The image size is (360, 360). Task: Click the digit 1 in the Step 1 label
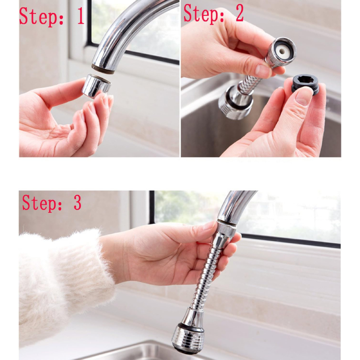(81, 16)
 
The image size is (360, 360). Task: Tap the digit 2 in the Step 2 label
(239, 14)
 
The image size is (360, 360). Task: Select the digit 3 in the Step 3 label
(77, 202)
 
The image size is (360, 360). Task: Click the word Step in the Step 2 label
(203, 14)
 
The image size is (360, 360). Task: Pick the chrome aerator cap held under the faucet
(96, 86)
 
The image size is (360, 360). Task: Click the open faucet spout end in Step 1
(103, 69)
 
